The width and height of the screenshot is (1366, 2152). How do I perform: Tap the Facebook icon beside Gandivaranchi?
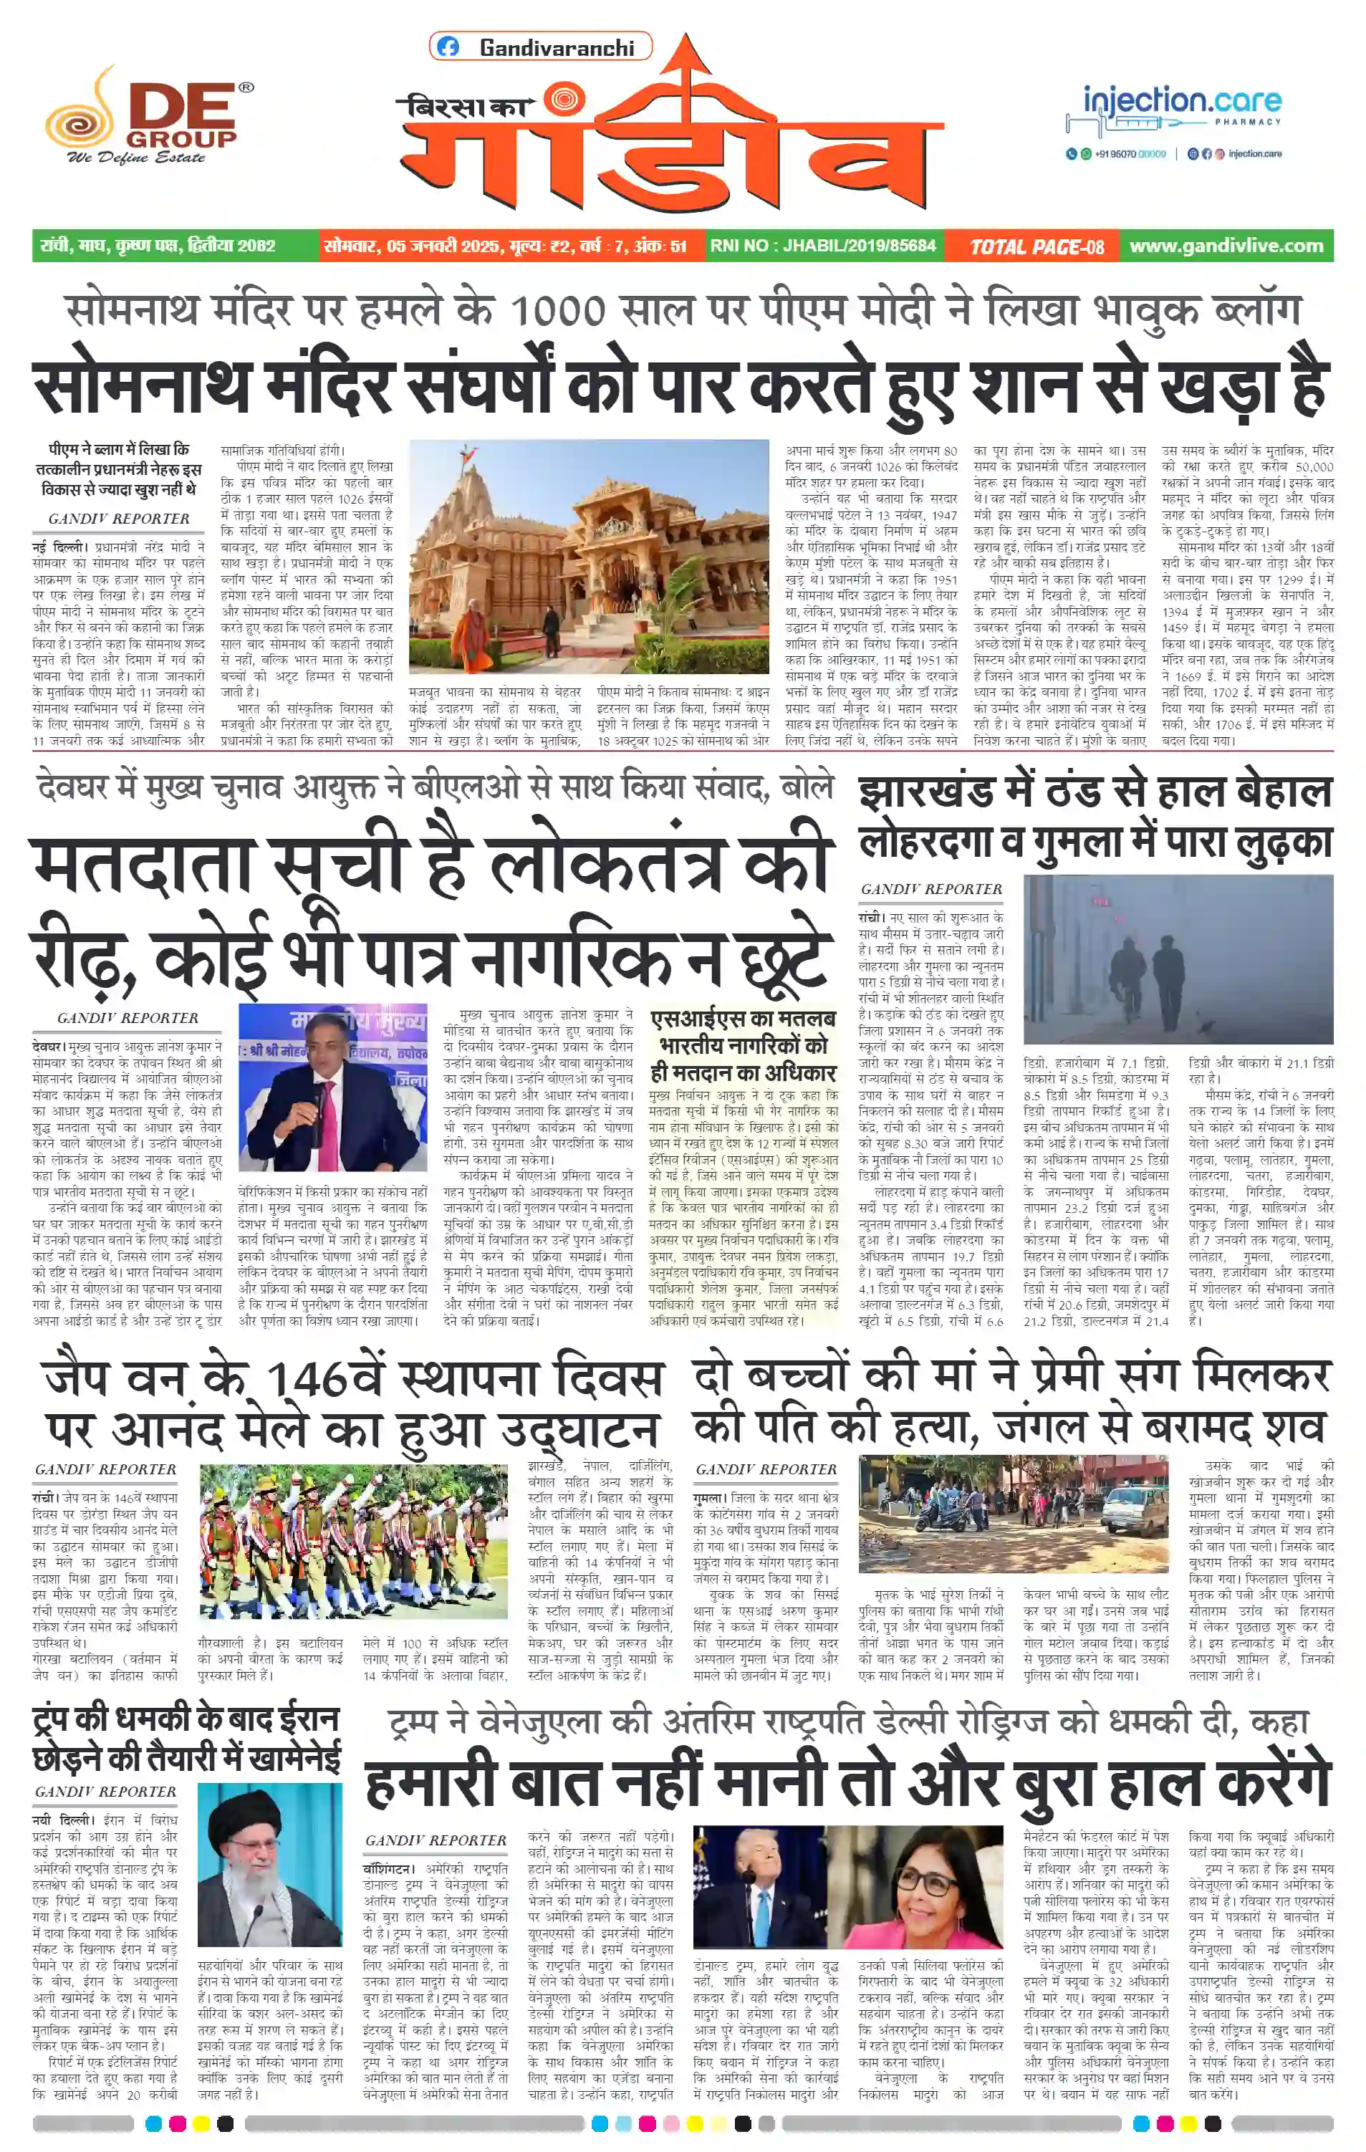[x=448, y=47]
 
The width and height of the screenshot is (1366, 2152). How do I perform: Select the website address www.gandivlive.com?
[x=1226, y=246]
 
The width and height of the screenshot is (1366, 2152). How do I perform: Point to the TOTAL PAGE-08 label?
[x=1036, y=246]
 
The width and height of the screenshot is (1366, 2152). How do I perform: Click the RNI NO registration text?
[x=823, y=246]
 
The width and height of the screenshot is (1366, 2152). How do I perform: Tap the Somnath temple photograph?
[x=589, y=555]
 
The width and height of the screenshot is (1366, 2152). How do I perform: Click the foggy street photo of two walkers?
[x=1178, y=959]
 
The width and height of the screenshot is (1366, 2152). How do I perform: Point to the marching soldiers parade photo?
[x=355, y=1541]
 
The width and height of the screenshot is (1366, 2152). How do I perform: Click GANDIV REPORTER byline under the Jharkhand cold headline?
[x=931, y=889]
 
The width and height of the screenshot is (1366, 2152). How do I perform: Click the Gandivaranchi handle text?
[x=557, y=47]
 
